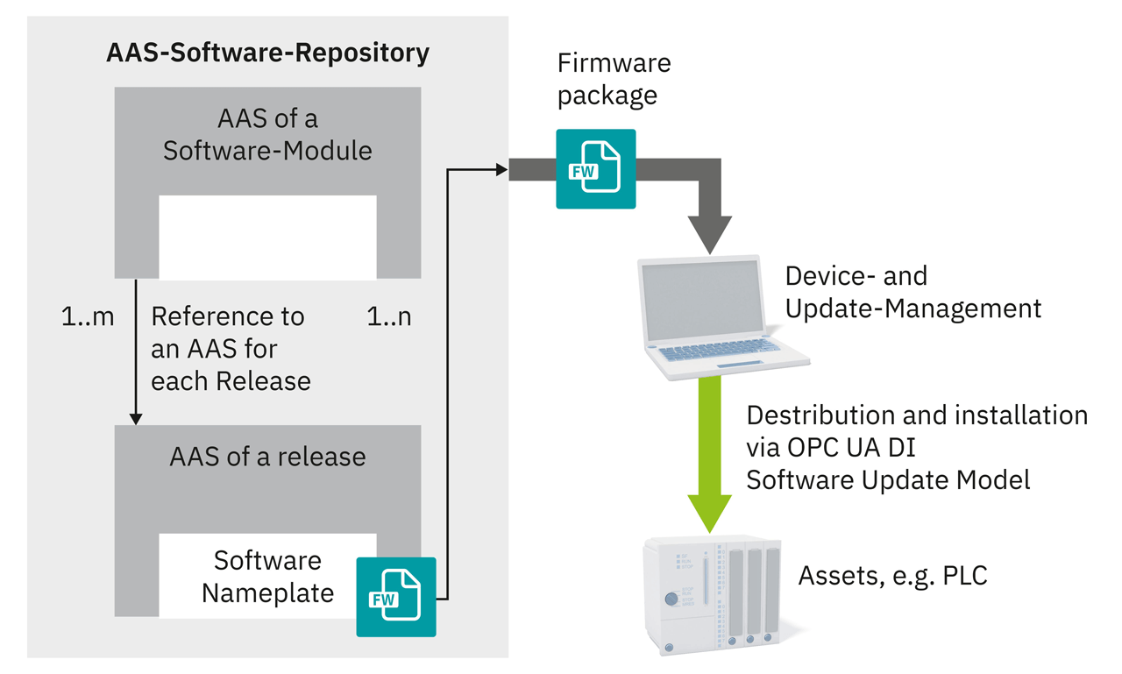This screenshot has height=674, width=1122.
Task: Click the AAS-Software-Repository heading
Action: click(x=267, y=53)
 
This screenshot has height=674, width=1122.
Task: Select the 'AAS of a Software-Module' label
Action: click(x=267, y=133)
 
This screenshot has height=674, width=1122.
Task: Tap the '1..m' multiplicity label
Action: click(x=88, y=316)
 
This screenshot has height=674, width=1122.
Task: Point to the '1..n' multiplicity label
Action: click(x=388, y=316)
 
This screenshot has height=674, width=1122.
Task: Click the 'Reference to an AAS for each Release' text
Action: click(x=230, y=349)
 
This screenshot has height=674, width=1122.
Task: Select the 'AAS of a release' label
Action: click(x=267, y=457)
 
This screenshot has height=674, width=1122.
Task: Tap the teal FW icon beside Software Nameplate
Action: click(x=396, y=596)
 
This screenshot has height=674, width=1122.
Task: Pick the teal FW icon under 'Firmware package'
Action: click(x=596, y=169)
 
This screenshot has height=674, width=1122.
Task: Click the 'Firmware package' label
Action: click(x=614, y=78)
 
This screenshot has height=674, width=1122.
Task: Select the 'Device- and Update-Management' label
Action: click(x=913, y=292)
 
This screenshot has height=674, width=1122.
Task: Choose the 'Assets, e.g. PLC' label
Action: click(x=892, y=576)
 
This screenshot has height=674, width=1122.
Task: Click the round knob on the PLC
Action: click(x=671, y=600)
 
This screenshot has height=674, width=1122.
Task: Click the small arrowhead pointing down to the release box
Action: click(x=136, y=418)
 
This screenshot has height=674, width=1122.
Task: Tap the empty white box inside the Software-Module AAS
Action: click(x=267, y=237)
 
